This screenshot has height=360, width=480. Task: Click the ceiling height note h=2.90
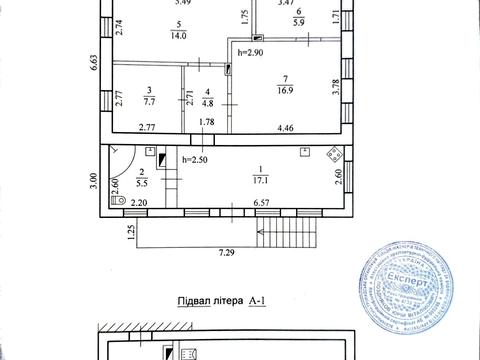[251, 49]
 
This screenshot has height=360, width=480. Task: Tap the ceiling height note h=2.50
[195, 160]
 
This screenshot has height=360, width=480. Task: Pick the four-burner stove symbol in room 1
[335, 155]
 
